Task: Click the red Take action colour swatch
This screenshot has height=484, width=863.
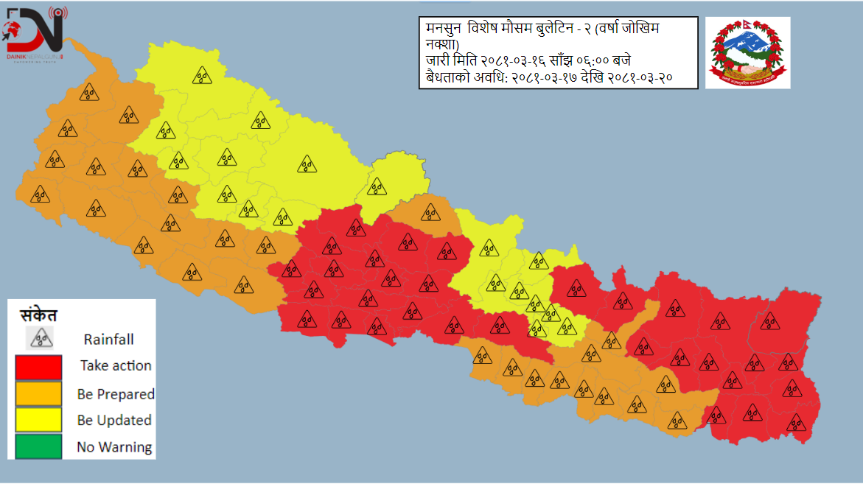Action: pos(38,367)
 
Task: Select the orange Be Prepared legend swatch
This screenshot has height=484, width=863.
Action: pos(38,394)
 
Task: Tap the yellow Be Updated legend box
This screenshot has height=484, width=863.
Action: pos(38,421)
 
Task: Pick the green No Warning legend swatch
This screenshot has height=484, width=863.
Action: pos(38,446)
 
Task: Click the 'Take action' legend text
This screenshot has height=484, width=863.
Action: pos(116,365)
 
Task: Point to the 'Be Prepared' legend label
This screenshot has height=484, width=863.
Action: pos(116,394)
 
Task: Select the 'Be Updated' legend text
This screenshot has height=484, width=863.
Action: pos(114,421)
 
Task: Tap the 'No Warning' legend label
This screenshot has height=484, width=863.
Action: pos(114,447)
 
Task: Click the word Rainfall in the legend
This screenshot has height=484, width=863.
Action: pos(108,340)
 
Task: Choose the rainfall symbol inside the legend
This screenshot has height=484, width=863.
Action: pos(41,338)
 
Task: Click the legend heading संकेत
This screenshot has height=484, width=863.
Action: pos(38,315)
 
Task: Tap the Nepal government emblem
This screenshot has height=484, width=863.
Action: pos(747,52)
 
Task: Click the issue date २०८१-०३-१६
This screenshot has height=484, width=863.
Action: pos(513,60)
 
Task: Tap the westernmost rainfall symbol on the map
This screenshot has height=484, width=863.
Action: pos(40,194)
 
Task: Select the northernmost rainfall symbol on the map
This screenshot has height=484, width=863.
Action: pos(202,74)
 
